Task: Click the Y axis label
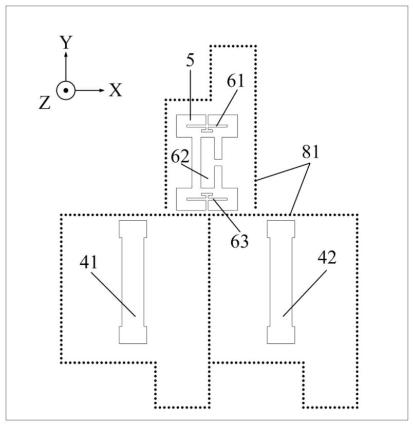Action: tap(66, 43)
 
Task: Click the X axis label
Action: tap(116, 90)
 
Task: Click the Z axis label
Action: tap(45, 103)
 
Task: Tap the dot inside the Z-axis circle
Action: tap(66, 90)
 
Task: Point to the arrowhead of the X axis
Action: tap(102, 90)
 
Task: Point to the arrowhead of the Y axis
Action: tap(66, 54)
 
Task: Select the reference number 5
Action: tap(191, 61)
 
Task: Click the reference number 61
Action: tap(235, 81)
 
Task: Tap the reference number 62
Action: tap(180, 156)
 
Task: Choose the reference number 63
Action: tap(239, 241)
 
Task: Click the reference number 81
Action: tap(310, 152)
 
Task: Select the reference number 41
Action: tap(88, 262)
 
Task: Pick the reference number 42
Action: tap(327, 257)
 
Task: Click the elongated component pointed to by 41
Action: tap(133, 282)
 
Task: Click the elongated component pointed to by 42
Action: tap(281, 282)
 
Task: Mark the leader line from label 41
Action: tap(113, 294)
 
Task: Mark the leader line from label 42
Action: tap(305, 294)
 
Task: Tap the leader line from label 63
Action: tap(226, 216)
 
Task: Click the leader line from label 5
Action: tap(191, 95)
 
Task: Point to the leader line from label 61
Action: tap(227, 107)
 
